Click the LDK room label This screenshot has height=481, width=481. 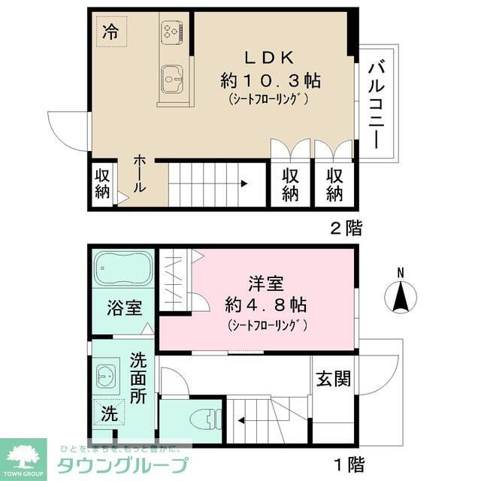coord(262,58)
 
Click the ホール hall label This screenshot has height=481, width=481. coord(141,174)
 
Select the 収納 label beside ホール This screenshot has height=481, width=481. coord(102,183)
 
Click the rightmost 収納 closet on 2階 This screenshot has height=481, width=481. coord(334,184)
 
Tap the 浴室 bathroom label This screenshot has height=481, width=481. coord(123,307)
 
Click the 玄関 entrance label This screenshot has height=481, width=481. coord(332,379)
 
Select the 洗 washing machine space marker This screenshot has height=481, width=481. coord(109,413)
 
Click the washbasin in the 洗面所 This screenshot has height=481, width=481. coord(107,374)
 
